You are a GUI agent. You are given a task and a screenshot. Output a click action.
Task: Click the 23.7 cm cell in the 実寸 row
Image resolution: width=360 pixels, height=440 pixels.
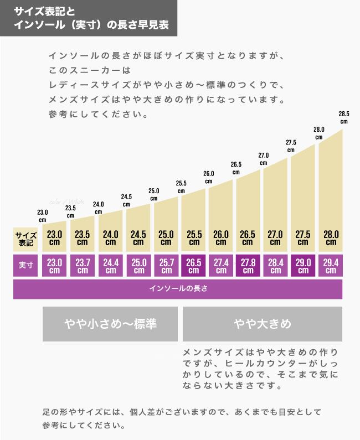click(x=82, y=266)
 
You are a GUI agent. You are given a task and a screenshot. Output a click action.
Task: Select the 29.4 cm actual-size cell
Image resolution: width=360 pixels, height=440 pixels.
click(x=331, y=266)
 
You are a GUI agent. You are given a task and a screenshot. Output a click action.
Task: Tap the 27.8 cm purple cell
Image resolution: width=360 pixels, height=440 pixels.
click(x=248, y=266)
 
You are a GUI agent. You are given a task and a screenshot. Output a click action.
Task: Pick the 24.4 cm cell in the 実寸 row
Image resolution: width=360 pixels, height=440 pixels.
click(x=110, y=266)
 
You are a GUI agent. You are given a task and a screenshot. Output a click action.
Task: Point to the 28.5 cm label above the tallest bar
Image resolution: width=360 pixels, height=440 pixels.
click(x=344, y=117)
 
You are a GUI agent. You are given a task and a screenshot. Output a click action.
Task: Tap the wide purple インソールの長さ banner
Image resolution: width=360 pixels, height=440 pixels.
click(x=178, y=289)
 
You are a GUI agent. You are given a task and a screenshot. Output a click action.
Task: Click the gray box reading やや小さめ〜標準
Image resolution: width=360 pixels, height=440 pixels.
click(x=110, y=324)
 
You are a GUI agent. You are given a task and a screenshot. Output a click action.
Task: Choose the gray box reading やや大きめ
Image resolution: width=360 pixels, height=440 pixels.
click(x=262, y=324)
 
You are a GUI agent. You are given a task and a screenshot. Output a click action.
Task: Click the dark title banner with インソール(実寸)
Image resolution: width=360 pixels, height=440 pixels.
click(x=89, y=18)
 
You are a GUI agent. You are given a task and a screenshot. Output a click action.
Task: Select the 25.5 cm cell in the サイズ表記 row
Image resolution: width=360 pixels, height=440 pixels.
click(x=193, y=239)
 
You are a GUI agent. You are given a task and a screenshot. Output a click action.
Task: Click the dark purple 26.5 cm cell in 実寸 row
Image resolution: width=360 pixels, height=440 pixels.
click(x=193, y=266)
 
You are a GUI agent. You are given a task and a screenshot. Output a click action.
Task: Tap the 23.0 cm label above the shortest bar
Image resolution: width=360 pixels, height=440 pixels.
click(x=42, y=215)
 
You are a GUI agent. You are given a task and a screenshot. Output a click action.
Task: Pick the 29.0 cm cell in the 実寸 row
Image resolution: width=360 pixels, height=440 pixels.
click(x=303, y=266)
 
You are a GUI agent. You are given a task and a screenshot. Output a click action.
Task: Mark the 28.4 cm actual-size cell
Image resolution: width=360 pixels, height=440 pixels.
click(x=276, y=266)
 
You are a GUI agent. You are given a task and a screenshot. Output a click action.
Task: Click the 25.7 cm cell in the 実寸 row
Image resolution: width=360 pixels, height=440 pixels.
click(x=166, y=266)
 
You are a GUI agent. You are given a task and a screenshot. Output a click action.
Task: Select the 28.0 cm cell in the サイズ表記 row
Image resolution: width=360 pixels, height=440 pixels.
click(x=331, y=239)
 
